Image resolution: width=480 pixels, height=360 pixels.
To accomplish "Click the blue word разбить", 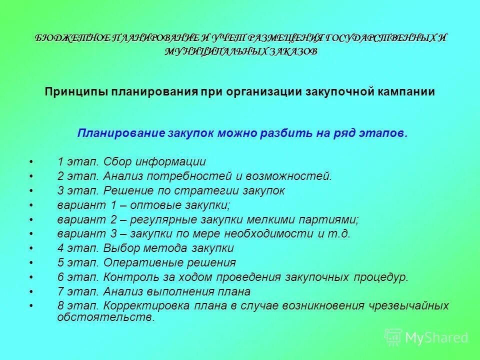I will point(287,133).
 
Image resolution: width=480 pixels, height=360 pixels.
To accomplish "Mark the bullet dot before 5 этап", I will point(31,263).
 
